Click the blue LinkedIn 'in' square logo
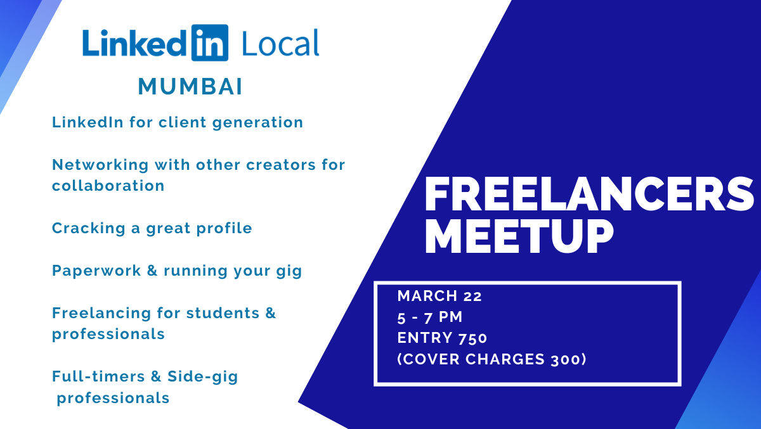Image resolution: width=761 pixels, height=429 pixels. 210,42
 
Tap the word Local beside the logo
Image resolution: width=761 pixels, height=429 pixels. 280,43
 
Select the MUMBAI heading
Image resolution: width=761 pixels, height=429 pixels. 190,87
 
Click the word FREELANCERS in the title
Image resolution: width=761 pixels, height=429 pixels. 589,194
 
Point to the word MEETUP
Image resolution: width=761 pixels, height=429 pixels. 519,236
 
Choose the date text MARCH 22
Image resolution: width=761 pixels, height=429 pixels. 439,296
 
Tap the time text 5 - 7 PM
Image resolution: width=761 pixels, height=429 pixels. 430,317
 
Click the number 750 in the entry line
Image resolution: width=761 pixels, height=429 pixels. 472,338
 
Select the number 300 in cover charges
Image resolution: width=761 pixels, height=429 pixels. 565,359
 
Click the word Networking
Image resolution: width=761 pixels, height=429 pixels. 100,165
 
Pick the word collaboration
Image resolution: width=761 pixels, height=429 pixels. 108,186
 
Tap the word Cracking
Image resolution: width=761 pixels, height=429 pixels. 89,229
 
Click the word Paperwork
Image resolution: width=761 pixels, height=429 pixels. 96,271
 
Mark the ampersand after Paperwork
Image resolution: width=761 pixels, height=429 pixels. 152,271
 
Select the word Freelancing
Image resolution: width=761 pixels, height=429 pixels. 101,313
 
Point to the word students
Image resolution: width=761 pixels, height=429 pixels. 223,313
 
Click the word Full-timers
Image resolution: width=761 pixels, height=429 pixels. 98,376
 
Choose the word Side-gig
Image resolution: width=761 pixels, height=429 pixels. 203,377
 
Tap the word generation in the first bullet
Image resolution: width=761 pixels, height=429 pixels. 257,123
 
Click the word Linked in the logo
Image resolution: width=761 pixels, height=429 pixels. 134,43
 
